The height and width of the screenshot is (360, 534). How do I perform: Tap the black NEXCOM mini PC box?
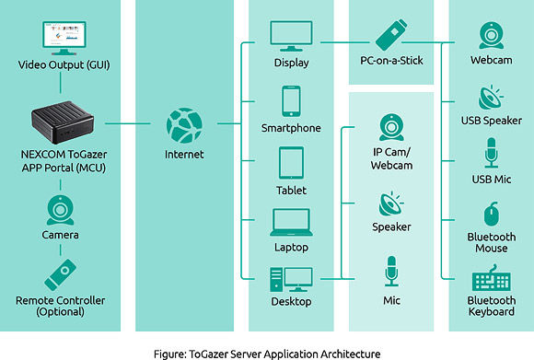(x=61, y=122)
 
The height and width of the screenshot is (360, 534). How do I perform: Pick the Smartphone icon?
(x=291, y=100)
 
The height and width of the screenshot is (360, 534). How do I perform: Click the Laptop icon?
(x=291, y=222)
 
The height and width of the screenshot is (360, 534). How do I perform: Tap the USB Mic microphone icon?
(x=491, y=153)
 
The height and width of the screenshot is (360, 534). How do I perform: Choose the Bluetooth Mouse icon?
(x=491, y=214)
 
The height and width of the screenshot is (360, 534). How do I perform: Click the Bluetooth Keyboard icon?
(x=491, y=279)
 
